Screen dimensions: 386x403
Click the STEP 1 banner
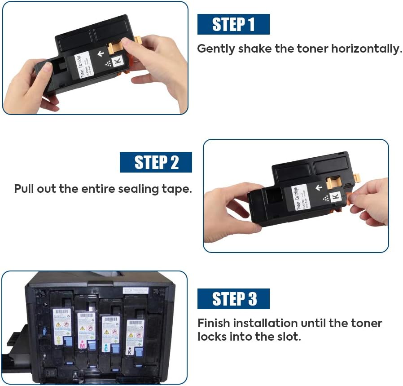pos(233,24)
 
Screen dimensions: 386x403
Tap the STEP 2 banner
pos(156,162)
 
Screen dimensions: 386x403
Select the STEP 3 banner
pos(233,299)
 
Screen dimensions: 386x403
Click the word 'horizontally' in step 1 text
pos(366,49)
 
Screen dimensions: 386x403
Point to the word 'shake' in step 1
pos(255,49)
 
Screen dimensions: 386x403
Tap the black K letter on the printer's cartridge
pos(129,352)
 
